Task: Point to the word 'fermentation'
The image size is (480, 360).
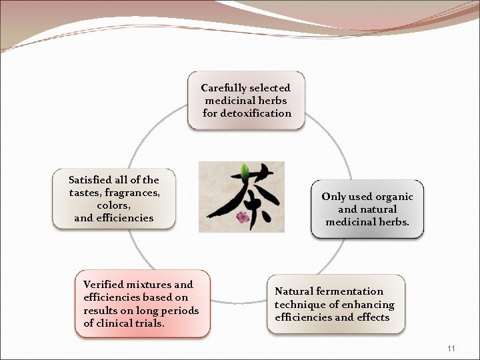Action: coord(351,291)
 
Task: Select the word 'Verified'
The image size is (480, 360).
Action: coord(103,285)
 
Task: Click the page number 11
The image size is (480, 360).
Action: coord(451,349)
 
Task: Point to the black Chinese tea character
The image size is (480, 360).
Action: coord(240,197)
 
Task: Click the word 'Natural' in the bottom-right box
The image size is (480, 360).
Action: coord(293,291)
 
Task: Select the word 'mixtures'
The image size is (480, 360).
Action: coord(150,285)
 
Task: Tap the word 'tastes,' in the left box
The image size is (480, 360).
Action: coord(84,193)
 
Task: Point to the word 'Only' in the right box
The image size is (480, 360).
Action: coord(333,197)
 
